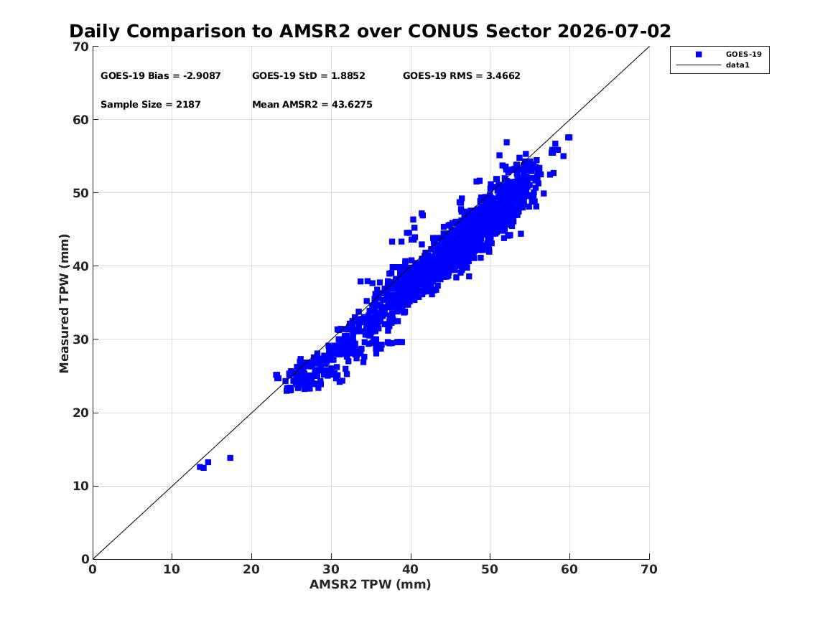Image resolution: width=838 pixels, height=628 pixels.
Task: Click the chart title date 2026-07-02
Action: [614, 32]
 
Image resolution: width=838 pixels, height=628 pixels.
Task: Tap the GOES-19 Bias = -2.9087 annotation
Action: [160, 76]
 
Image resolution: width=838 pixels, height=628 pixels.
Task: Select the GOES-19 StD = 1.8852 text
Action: [308, 76]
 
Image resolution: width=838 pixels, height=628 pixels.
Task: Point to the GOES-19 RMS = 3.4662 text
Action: [461, 76]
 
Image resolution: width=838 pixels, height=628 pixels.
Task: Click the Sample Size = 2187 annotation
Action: [151, 105]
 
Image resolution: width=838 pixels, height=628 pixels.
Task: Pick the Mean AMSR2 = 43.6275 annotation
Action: [312, 105]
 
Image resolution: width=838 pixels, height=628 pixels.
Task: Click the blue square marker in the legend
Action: [699, 55]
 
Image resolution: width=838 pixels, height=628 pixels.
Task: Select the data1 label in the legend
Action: [737, 65]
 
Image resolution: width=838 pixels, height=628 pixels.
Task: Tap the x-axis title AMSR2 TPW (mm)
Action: [371, 584]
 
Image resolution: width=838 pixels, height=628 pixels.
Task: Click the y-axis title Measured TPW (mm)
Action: [64, 304]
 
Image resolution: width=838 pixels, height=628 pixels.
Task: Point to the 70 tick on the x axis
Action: [649, 569]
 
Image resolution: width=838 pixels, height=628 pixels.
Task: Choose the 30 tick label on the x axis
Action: [331, 569]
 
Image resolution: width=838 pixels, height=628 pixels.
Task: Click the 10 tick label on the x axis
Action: [172, 569]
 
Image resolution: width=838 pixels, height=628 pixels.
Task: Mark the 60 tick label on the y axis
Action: [80, 120]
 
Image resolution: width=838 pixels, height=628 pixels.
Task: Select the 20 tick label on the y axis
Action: [80, 413]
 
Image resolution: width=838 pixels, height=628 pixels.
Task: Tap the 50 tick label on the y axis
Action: [80, 193]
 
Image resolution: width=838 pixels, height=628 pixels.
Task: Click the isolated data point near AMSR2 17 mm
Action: [231, 458]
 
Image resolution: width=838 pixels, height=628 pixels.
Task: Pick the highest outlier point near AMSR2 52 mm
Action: [507, 142]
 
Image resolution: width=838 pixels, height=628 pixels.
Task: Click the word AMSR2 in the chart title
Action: [315, 32]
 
